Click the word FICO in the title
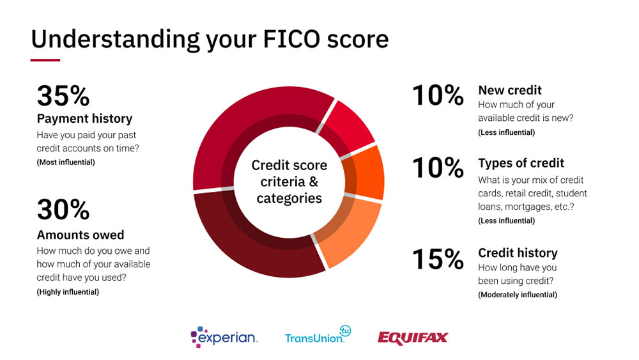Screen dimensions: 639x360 point(291,39)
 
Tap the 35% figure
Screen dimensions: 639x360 point(63,96)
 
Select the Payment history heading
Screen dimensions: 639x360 point(84,119)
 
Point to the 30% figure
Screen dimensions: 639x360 point(63,210)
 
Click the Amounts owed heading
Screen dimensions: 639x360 point(81,235)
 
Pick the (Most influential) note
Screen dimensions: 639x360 point(66,162)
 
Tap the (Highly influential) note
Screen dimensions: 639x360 point(68,292)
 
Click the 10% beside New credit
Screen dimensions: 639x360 point(438,95)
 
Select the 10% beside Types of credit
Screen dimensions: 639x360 point(438,168)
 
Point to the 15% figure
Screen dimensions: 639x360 point(438,260)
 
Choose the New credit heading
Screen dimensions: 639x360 point(510,90)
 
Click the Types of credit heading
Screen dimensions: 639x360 point(521,163)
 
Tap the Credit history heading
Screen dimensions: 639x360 point(518,253)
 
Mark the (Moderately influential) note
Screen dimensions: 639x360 point(518,295)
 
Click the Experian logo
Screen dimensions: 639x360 point(224,337)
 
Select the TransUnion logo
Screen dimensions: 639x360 point(318,335)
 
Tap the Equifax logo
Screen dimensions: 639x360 point(412,338)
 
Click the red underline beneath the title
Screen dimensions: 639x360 point(45,60)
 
